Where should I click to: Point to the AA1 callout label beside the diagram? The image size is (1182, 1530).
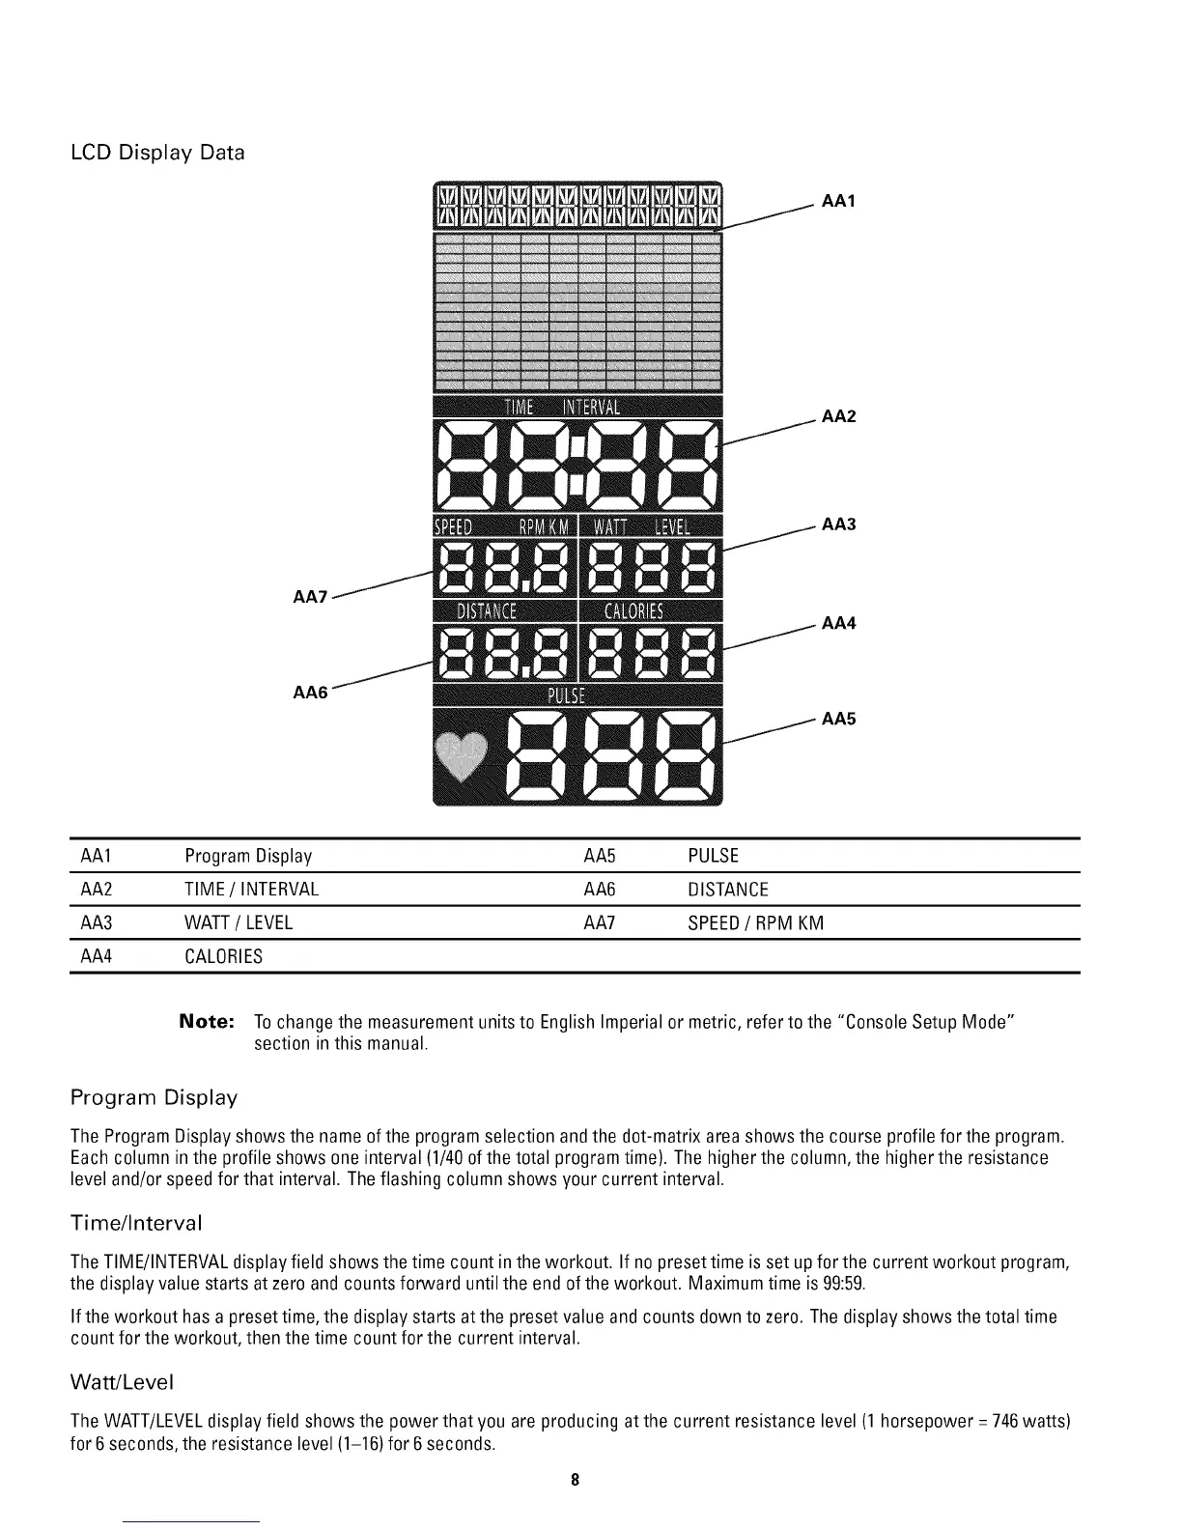tap(838, 201)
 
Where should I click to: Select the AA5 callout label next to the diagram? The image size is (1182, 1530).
tap(838, 719)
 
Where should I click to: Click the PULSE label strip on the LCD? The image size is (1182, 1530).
tap(576, 696)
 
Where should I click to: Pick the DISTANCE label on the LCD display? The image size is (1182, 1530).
tap(487, 610)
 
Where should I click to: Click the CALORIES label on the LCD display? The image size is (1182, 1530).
tap(633, 610)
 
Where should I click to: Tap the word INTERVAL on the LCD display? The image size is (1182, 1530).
tap(592, 406)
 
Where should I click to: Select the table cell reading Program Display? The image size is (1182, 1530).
tap(248, 857)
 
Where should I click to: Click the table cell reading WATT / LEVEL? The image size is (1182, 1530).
tap(238, 922)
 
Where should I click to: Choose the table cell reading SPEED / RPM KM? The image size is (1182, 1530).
tap(755, 922)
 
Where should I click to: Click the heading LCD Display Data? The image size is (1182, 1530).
tap(157, 153)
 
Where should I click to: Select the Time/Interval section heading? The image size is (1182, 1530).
tap(136, 1224)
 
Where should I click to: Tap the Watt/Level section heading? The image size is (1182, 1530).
tap(122, 1382)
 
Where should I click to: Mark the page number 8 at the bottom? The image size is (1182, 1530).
tap(575, 1480)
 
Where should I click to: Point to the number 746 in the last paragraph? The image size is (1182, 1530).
tap(1009, 1422)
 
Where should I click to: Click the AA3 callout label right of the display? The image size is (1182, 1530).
tap(838, 524)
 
